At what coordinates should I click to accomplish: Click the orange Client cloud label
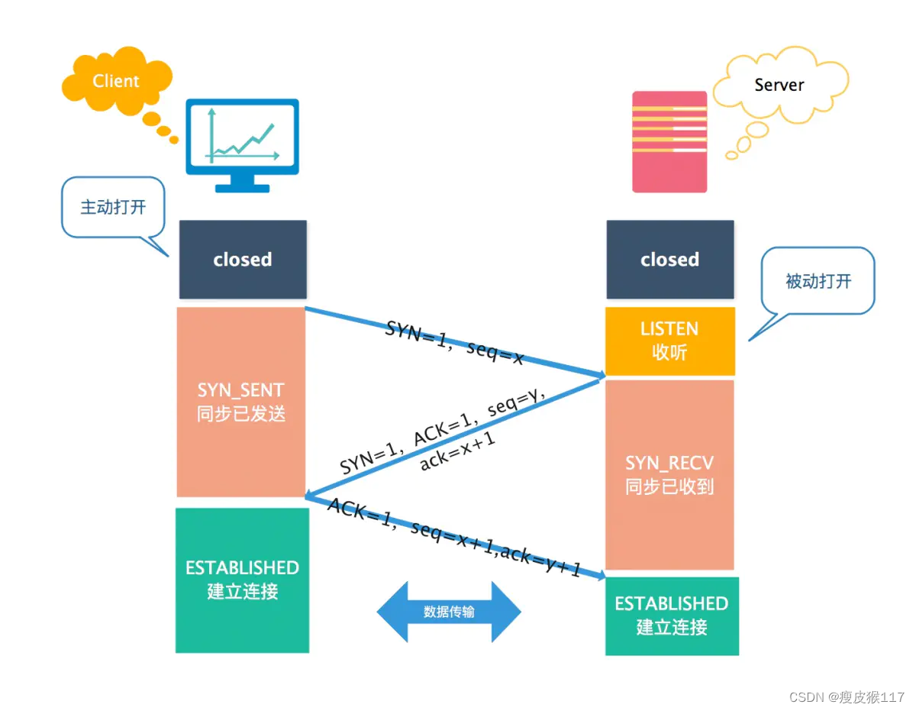115,81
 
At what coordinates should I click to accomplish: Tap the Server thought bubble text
779,85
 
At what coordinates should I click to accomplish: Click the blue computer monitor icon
243,146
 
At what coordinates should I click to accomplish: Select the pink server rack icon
669,142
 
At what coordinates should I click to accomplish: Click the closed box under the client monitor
243,260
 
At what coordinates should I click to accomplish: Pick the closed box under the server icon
669,260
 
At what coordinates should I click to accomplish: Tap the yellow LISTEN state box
669,341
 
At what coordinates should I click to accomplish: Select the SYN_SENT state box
240,402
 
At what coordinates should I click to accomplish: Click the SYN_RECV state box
669,475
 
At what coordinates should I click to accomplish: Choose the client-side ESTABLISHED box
243,580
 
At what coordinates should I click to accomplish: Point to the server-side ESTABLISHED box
672,616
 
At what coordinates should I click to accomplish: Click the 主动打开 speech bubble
113,208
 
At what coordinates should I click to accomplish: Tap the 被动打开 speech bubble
818,281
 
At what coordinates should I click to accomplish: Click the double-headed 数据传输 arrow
449,612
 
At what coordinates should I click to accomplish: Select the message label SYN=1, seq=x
454,343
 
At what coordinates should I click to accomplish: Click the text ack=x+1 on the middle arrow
457,451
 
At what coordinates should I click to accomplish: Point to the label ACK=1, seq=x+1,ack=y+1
454,537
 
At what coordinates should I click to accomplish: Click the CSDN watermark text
847,697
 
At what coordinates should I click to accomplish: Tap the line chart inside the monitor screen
243,136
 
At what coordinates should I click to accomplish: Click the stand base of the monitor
243,189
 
